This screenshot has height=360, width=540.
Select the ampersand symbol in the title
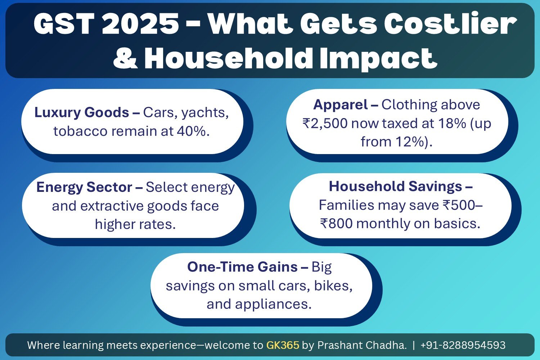[125, 58]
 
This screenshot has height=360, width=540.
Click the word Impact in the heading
[378, 58]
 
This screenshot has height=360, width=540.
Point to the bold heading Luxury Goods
[82, 112]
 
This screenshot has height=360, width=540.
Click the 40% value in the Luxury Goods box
[192, 131]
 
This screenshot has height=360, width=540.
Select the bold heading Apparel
[340, 105]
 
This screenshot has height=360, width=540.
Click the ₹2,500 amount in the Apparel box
[325, 123]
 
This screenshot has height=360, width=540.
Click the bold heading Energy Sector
[84, 187]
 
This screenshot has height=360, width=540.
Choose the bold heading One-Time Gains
[242, 267]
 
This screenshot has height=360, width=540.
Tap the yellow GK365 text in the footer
[283, 345]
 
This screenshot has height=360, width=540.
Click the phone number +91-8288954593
[463, 345]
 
